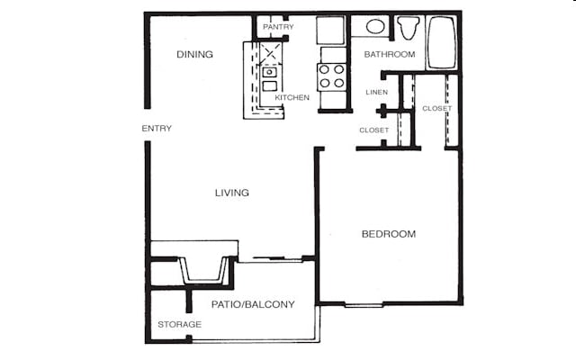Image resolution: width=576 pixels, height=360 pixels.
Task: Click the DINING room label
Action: pyautogui.click(x=194, y=55)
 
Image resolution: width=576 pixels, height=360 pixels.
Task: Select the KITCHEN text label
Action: pyautogui.click(x=292, y=97)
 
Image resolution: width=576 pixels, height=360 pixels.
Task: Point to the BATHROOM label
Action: pyautogui.click(x=390, y=55)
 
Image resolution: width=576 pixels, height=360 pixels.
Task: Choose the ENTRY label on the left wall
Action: pyautogui.click(x=157, y=129)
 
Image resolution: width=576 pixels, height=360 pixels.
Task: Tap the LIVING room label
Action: pyautogui.click(x=231, y=193)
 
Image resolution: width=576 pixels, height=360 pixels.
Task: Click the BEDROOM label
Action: pyautogui.click(x=389, y=234)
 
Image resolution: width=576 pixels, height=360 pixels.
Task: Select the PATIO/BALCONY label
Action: pyautogui.click(x=253, y=304)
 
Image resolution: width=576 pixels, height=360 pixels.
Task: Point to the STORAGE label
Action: pyautogui.click(x=179, y=324)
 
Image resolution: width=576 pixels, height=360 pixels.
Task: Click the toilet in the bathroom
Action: pyautogui.click(x=409, y=28)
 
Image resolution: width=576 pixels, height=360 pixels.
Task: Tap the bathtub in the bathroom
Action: pyautogui.click(x=442, y=41)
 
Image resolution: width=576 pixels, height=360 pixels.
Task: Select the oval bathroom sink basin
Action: pyautogui.click(x=375, y=27)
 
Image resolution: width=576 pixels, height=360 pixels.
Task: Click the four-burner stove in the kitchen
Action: pyautogui.click(x=332, y=76)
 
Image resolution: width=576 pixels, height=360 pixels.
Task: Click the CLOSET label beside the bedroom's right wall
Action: pyautogui.click(x=437, y=109)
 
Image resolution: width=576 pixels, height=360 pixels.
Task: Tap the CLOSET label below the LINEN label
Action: pyautogui.click(x=374, y=130)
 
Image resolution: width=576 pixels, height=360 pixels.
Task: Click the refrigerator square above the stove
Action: pyautogui.click(x=330, y=30)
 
